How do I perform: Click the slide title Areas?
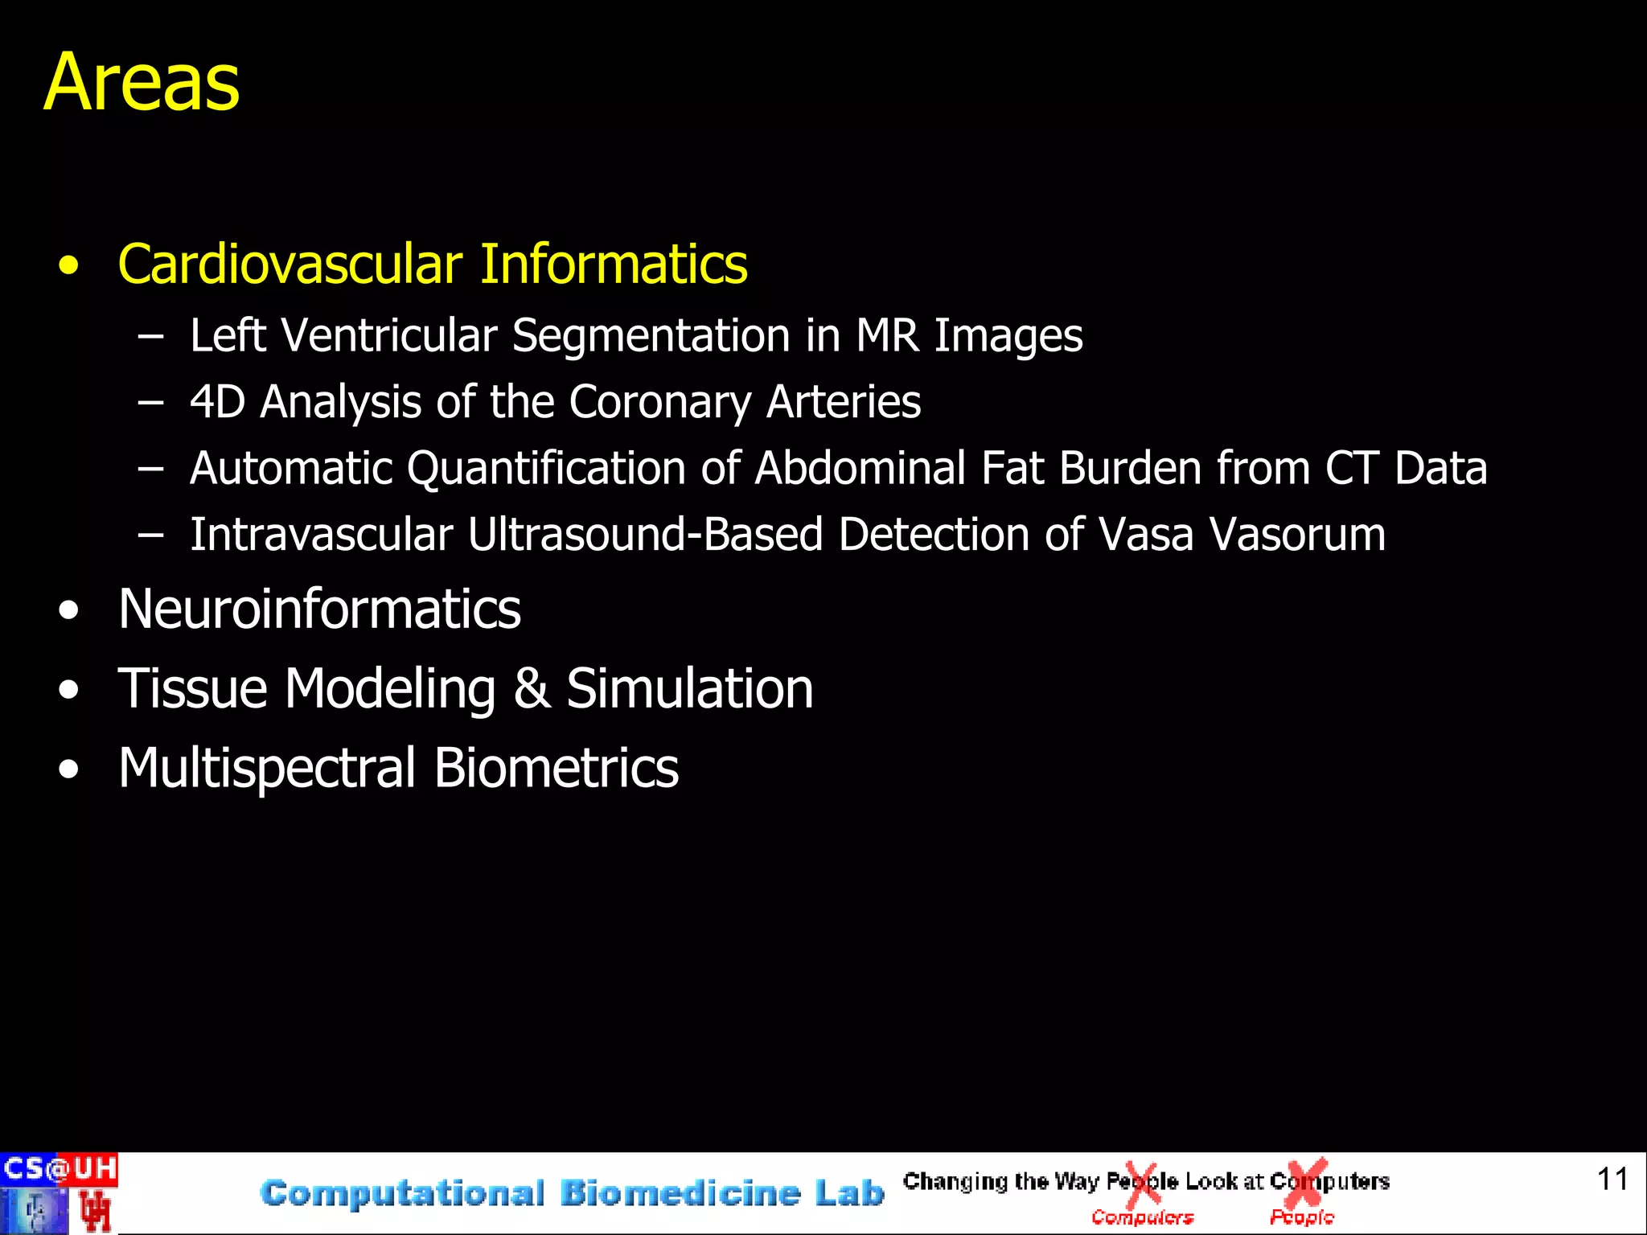142,82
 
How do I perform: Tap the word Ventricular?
389,335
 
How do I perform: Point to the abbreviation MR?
887,335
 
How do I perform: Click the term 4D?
217,402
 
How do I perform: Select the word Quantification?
546,469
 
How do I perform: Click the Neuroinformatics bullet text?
319,609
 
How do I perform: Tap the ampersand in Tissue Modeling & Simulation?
532,688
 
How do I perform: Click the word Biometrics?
557,768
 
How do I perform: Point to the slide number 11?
1612,1180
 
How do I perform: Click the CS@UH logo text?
60,1168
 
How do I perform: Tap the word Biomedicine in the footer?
680,1193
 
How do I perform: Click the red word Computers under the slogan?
1142,1218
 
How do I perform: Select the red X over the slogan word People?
1142,1182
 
